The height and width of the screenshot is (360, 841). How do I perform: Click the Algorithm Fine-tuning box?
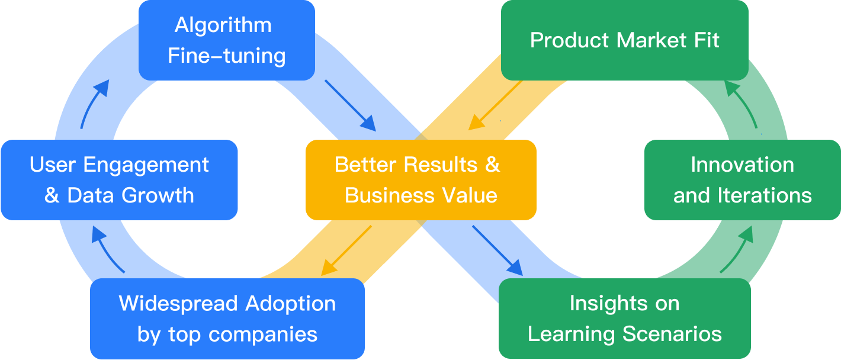pos(227,40)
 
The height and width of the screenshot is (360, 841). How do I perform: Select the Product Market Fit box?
pos(625,40)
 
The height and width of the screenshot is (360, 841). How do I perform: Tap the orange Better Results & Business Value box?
pos(421,180)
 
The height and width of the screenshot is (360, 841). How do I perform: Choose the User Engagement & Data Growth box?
pos(119,180)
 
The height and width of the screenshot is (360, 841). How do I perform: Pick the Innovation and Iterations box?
pos(743,180)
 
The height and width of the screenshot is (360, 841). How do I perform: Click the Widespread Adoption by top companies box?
pos(227,319)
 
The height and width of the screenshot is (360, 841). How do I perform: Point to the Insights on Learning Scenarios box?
pos(625,319)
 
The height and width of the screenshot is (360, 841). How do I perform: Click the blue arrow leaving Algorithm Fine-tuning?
pos(350,105)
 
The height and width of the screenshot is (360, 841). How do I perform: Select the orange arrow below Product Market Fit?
pos(495,105)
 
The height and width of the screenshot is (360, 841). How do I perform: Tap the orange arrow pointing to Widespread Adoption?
pos(346,251)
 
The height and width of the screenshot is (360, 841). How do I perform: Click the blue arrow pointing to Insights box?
pos(497,251)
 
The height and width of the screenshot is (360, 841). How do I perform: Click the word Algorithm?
pos(223,25)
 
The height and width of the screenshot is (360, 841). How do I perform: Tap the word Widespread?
pos(179,303)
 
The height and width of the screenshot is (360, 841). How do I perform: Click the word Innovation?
pos(743,165)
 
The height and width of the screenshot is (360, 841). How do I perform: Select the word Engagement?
pos(146,166)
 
